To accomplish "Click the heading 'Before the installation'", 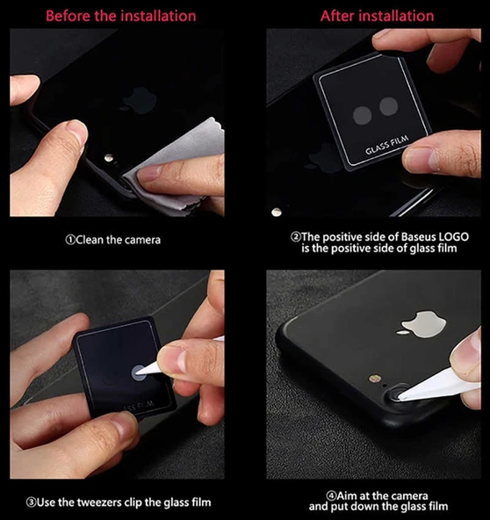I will pos(121,16).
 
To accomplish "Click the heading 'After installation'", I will pos(377,16).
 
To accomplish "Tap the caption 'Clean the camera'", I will pos(118,239).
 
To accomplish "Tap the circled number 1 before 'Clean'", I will pos(70,239).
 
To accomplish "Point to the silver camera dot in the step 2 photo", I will pos(277,212).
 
